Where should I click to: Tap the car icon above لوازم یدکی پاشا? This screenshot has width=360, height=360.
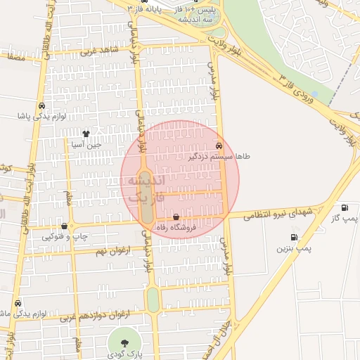coord(41,105)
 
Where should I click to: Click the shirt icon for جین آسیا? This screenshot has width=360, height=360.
coord(86,133)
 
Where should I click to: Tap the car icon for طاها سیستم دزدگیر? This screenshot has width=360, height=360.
coord(219,146)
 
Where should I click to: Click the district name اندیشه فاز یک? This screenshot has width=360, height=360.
coord(145,188)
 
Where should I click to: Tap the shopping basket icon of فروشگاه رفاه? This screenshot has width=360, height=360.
coord(175,217)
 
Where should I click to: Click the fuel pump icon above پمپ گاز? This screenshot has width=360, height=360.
coord(344,207)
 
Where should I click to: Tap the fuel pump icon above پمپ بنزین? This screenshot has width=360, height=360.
coord(293,237)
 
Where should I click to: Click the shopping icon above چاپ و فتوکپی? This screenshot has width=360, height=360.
coord(65,226)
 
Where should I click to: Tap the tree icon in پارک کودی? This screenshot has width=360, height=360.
coord(124,342)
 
